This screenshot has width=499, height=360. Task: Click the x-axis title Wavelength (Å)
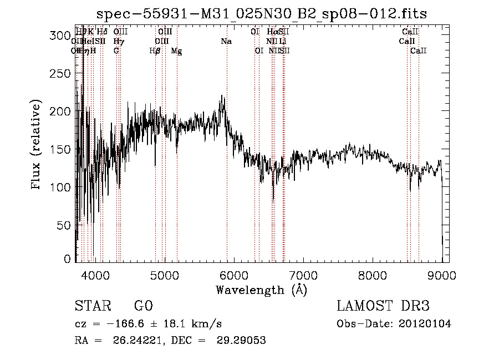[261, 290]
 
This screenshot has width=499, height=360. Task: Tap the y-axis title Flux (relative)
[37, 145]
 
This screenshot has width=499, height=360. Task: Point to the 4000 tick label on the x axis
[95, 275]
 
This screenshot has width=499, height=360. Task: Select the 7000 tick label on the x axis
[303, 275]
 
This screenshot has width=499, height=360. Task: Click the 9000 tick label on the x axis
[442, 275]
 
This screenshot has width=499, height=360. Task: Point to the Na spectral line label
[226, 42]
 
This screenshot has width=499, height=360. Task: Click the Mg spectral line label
[176, 51]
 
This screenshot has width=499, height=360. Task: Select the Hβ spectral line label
[155, 51]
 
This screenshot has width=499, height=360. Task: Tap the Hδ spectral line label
[102, 32]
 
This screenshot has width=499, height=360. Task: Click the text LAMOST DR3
[383, 307]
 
